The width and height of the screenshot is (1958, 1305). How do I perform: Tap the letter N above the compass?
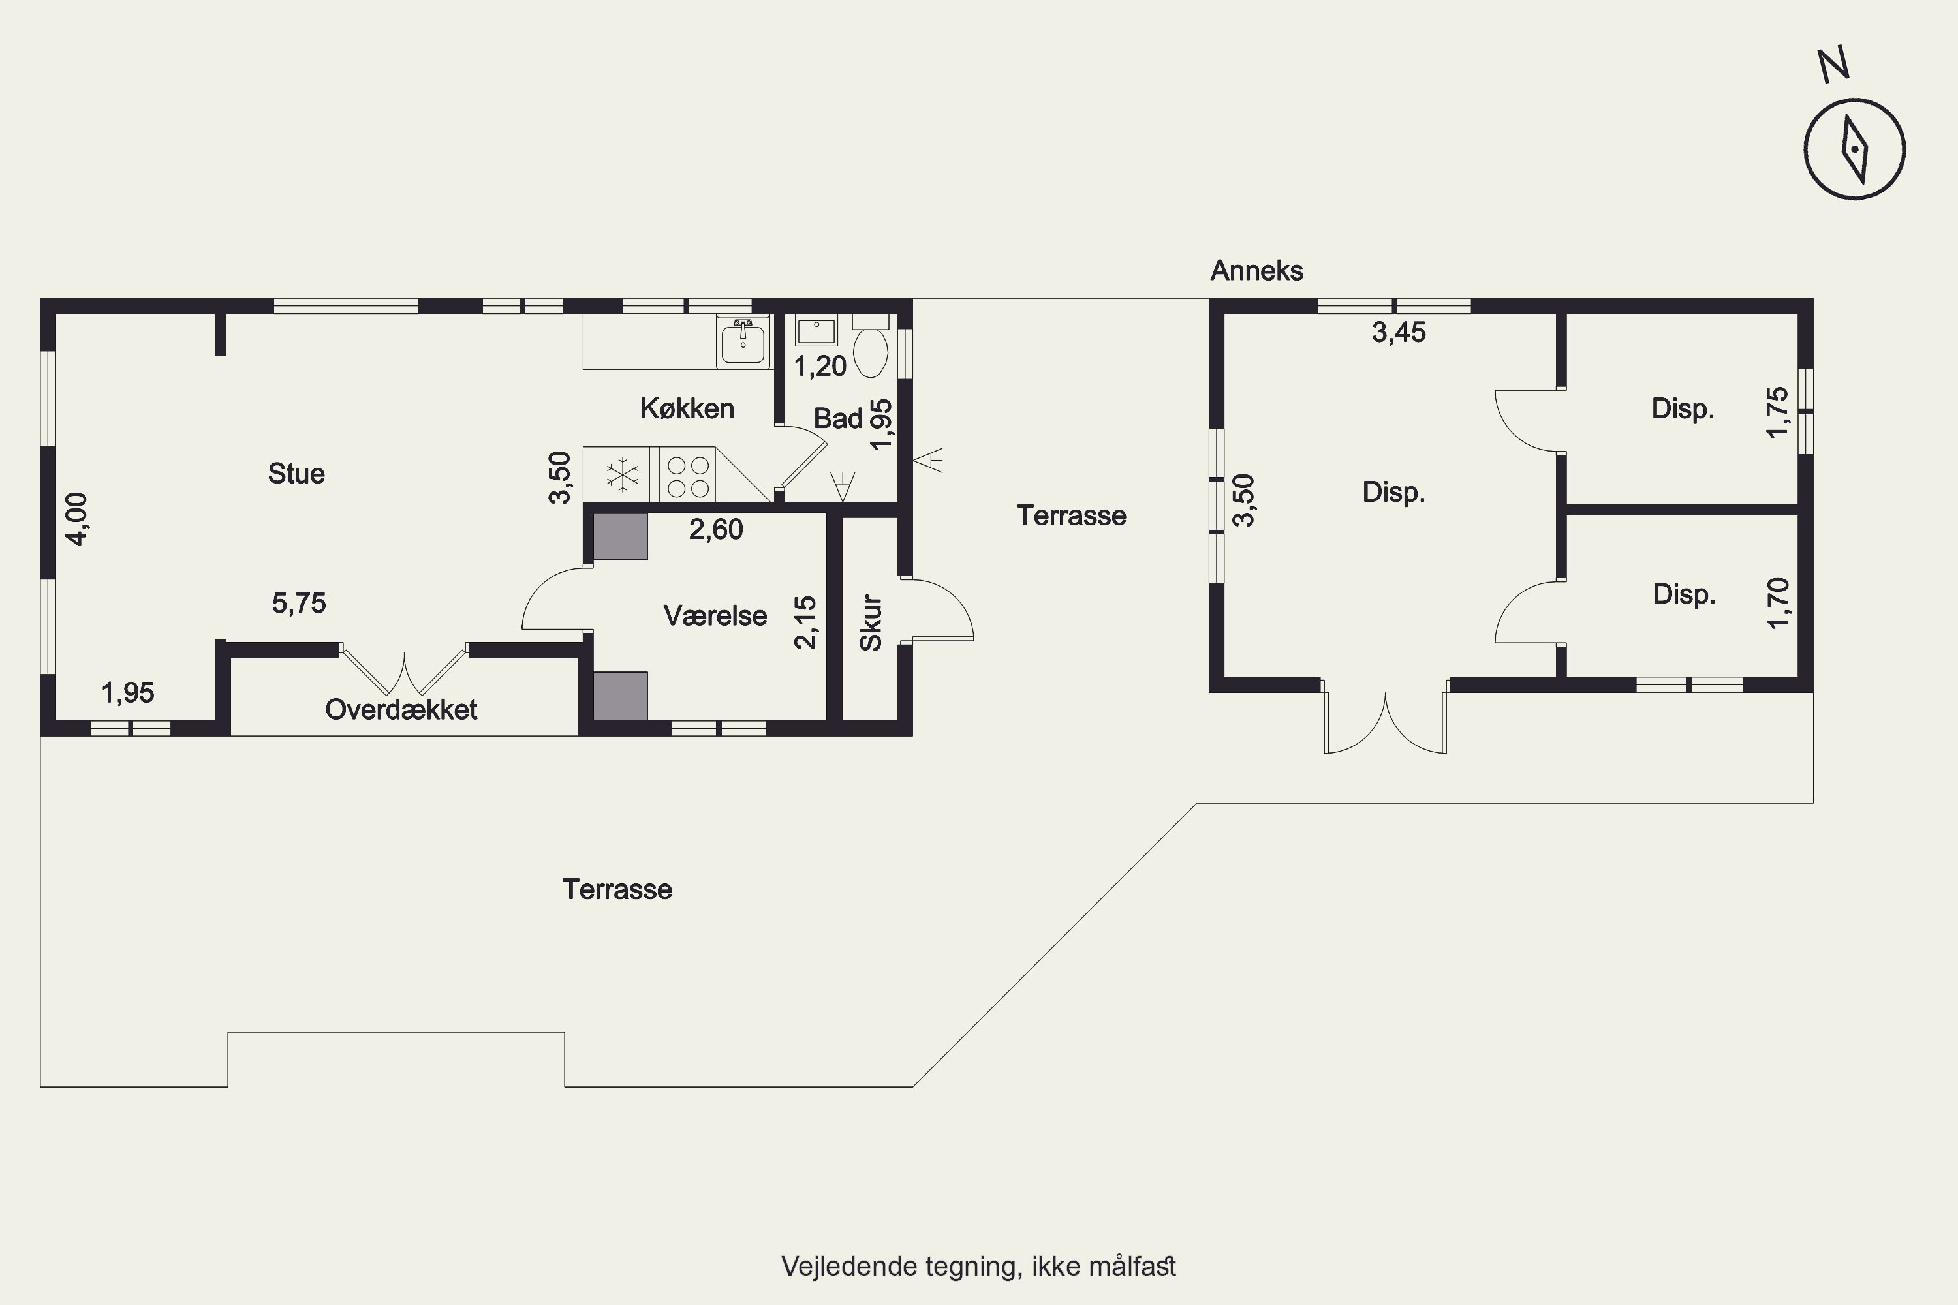pos(1834,64)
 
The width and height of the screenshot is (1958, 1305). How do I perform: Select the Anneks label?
pos(1257,271)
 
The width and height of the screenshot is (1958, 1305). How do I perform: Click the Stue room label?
pos(296,474)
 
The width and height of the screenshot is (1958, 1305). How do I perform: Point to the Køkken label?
pos(688,408)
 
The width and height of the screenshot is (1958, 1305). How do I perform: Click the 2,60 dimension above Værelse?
pos(716,529)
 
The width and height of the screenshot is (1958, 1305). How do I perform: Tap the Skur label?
pos(871,622)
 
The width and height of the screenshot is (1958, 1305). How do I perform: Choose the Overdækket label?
pos(401,710)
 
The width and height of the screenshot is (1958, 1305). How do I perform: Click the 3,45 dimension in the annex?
pos(1399,333)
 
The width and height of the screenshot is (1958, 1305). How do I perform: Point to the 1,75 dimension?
pos(1777,412)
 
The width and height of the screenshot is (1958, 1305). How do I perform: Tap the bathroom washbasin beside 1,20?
pos(816,330)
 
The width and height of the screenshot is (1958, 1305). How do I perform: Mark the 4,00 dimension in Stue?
pos(76,519)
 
